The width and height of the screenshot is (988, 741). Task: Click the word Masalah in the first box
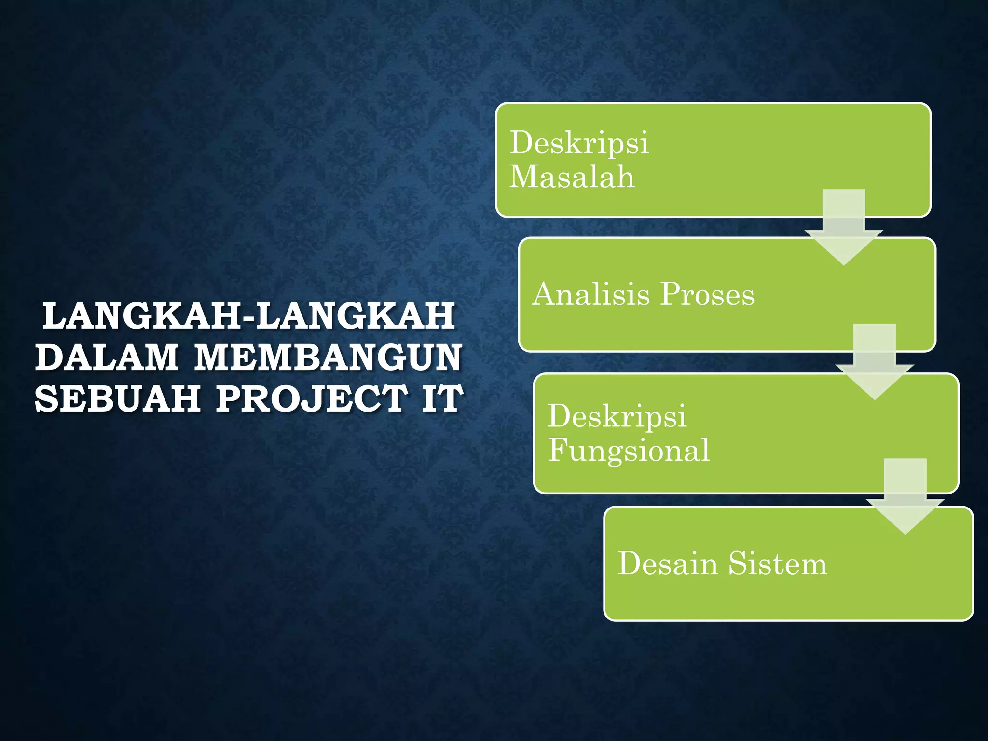[x=572, y=177]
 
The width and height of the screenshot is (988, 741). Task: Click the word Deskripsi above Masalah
[x=579, y=143]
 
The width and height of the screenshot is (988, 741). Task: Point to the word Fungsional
[x=629, y=451]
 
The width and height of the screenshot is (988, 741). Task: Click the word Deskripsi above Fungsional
[x=617, y=416]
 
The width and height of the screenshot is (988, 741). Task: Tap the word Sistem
[x=778, y=563]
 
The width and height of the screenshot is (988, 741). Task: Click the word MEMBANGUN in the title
[x=328, y=357]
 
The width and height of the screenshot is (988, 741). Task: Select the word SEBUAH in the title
[x=118, y=398]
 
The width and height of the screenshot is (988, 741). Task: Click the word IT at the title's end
[x=442, y=398]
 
